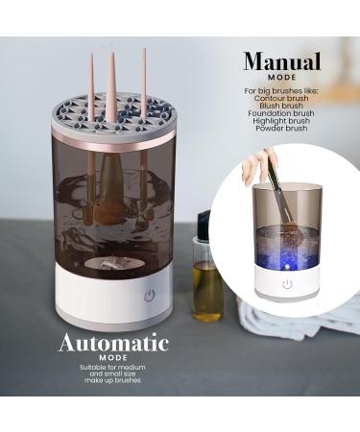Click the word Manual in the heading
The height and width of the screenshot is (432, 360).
point(281,62)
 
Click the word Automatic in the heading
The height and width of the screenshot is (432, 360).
point(113,343)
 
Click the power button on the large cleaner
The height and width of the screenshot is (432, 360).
point(149,296)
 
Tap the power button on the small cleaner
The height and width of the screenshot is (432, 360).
point(286,284)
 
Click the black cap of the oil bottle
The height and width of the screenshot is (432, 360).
point(204,226)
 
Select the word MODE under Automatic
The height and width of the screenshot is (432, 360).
point(113,357)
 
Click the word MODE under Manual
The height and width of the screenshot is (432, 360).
point(281,79)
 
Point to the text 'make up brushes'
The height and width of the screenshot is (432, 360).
point(113,382)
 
